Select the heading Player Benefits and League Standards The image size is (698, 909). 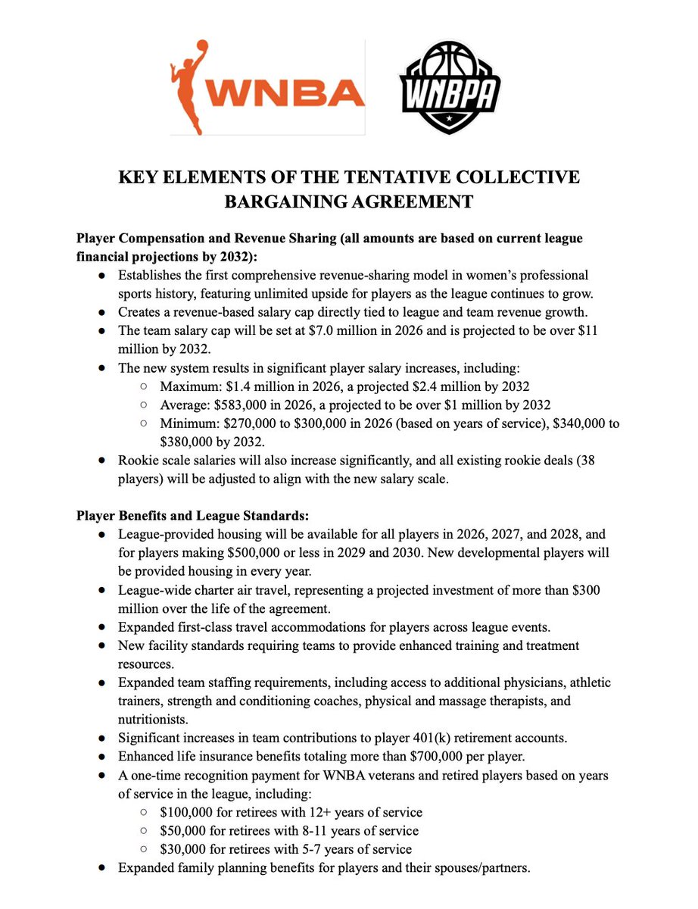(x=192, y=517)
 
